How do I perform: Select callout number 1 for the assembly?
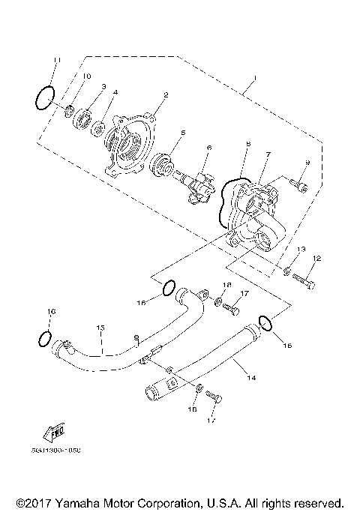point(254,78)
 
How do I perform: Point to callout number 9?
point(306,163)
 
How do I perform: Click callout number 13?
point(301,249)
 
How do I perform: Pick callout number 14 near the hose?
point(252,378)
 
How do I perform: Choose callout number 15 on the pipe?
point(100,328)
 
